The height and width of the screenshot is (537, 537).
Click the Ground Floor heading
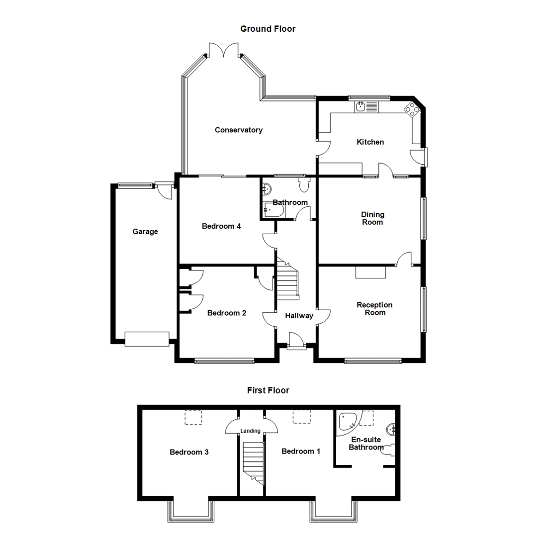pos(268,29)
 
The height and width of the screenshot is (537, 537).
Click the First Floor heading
pos(268,390)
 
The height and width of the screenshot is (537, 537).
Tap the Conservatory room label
pos(238,130)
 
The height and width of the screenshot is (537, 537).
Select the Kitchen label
pos(370,142)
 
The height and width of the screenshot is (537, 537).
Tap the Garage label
pos(145,231)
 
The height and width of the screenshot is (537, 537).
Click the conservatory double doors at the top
pos(224,50)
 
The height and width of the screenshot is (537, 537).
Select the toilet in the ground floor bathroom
pos(304,185)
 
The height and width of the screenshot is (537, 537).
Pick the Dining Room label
pos(372,218)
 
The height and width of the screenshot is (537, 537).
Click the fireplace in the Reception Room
pos(371,272)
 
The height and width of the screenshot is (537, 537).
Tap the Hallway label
pos(299,316)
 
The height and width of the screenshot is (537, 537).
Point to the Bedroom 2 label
pos(227,313)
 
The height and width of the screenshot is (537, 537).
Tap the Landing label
pos(250,431)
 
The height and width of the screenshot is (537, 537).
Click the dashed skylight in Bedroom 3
pos(194,417)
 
